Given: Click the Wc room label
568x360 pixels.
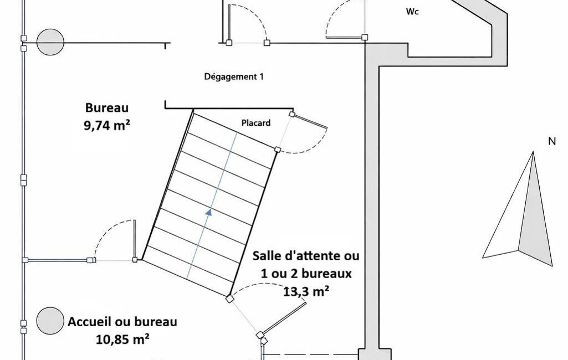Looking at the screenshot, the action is point(412,12).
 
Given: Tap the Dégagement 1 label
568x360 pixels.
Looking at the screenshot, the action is point(234,76).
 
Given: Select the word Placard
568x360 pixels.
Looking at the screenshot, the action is point(256,123).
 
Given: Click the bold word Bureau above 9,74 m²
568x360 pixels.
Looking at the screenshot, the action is point(107,107).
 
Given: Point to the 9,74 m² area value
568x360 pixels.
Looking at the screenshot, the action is point(107,125).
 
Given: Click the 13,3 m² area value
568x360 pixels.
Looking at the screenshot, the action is point(306,291).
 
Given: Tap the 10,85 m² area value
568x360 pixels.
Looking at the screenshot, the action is point(122,340).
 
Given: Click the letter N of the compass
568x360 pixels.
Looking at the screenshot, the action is point(552,141).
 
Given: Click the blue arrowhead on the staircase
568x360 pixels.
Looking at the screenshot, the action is point(209,212).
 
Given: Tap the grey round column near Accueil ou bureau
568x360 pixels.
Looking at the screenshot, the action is point(50,321).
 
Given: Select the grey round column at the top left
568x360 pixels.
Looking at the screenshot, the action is point(51,42).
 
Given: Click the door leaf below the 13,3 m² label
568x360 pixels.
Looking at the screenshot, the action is point(284,318).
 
